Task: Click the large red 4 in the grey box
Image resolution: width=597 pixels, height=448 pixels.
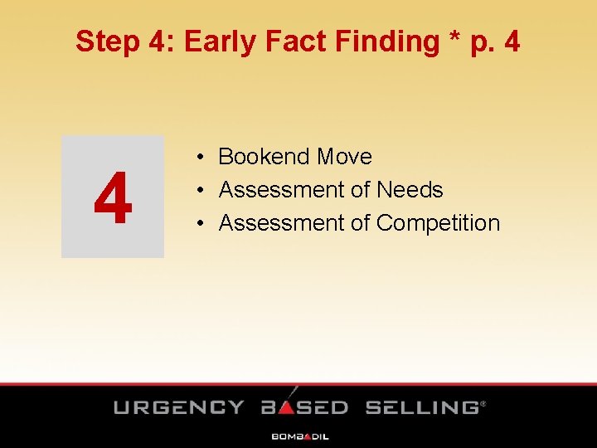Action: (x=113, y=198)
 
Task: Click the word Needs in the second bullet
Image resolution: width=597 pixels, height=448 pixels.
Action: (x=410, y=190)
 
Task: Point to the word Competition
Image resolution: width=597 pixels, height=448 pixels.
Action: (x=438, y=224)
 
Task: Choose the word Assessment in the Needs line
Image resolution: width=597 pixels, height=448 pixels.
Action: (x=281, y=190)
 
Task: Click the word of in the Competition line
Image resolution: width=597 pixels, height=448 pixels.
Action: (x=360, y=223)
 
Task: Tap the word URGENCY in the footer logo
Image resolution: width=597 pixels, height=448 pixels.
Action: (x=179, y=407)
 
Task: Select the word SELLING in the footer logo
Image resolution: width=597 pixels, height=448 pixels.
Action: (x=422, y=407)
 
